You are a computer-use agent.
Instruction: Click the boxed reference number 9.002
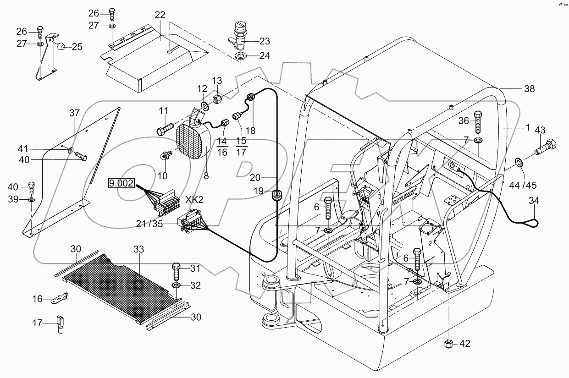122,184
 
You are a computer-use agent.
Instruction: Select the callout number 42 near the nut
464,343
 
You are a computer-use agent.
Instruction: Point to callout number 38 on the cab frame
530,89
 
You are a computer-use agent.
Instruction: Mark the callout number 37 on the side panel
75,113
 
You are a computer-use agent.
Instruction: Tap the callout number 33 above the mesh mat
139,249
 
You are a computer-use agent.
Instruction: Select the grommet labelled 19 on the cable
277,196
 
